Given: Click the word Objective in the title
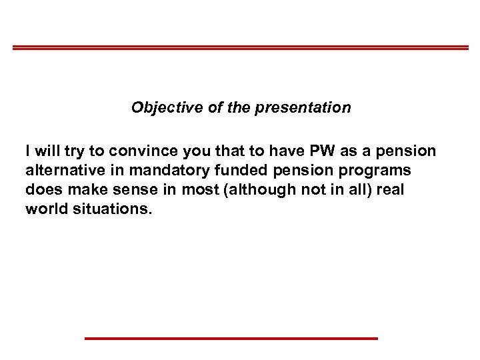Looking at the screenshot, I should click(161, 107).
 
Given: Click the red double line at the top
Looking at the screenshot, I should click(240, 47).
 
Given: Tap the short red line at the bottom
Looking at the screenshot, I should click(231, 339).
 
